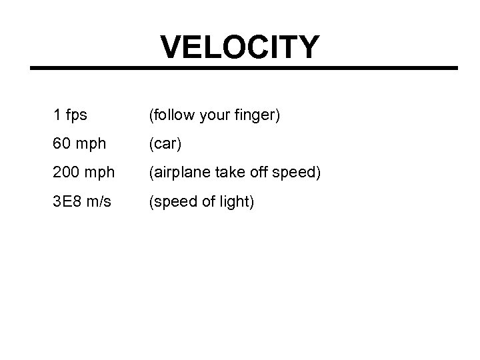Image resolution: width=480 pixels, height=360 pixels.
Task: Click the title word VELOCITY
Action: point(240,47)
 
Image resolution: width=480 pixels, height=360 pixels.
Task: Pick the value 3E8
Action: point(67,201)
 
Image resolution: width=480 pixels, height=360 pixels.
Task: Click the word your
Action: point(217,116)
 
